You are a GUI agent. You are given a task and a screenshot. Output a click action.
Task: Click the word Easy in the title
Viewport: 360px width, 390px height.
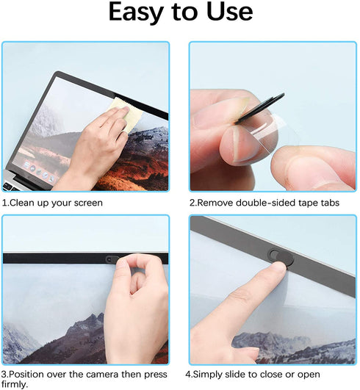tap(137, 12)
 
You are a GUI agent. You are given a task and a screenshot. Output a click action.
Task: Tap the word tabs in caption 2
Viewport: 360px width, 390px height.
tap(326, 203)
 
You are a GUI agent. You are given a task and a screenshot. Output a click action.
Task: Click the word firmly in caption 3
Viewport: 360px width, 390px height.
tap(14, 384)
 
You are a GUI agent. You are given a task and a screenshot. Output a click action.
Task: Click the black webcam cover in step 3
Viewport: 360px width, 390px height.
tap(112, 259)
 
